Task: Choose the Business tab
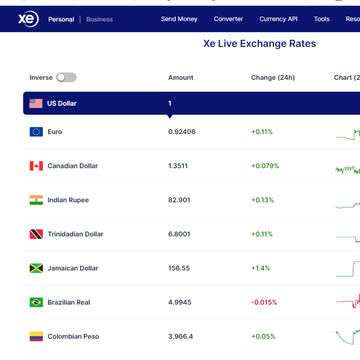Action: (99, 19)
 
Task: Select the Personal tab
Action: (62, 19)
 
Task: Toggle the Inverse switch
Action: (66, 77)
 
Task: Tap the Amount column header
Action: (181, 77)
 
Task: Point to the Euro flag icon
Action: (36, 132)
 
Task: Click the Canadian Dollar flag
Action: (36, 166)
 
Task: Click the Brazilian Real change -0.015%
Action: (265, 302)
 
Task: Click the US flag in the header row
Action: (36, 103)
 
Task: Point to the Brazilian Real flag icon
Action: (36, 302)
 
